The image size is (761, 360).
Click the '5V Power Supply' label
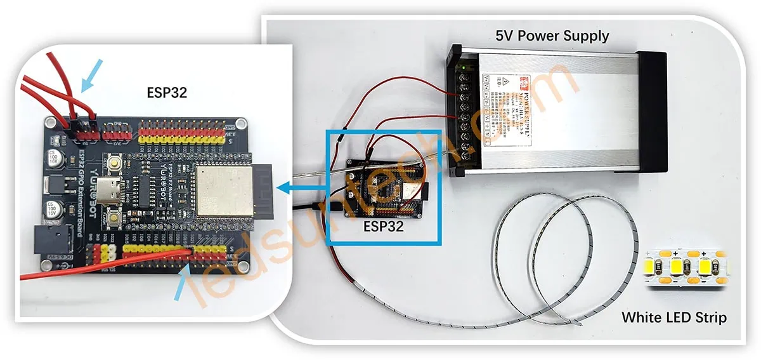(x=552, y=35)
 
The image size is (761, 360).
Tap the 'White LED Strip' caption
(x=673, y=316)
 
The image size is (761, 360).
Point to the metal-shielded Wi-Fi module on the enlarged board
(x=219, y=189)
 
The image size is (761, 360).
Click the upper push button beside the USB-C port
(x=116, y=164)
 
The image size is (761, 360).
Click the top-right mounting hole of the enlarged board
(x=240, y=123)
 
